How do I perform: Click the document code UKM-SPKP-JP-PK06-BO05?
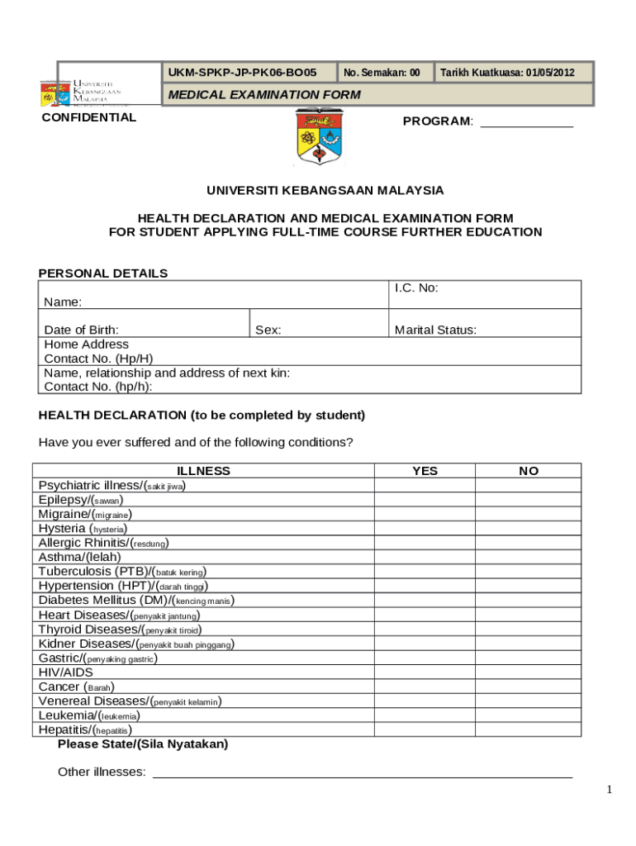tap(242, 73)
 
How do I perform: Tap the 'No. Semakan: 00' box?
tap(382, 73)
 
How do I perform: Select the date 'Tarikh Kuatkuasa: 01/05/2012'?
tap(506, 73)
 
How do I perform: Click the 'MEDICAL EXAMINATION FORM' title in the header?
tap(264, 94)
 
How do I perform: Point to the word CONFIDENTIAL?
tap(89, 117)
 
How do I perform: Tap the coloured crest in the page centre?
tap(317, 136)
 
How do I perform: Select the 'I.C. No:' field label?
tap(416, 288)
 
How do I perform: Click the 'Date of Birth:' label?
tap(81, 330)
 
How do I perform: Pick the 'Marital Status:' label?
tap(435, 330)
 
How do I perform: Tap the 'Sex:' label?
tap(268, 330)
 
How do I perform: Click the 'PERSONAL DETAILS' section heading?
tap(103, 273)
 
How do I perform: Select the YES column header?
tap(425, 471)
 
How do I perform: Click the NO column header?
tap(529, 471)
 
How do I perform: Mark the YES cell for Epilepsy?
tap(425, 500)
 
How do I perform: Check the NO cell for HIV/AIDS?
tap(529, 673)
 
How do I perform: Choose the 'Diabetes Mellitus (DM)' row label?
tap(136, 600)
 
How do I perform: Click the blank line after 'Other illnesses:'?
tap(363, 772)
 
